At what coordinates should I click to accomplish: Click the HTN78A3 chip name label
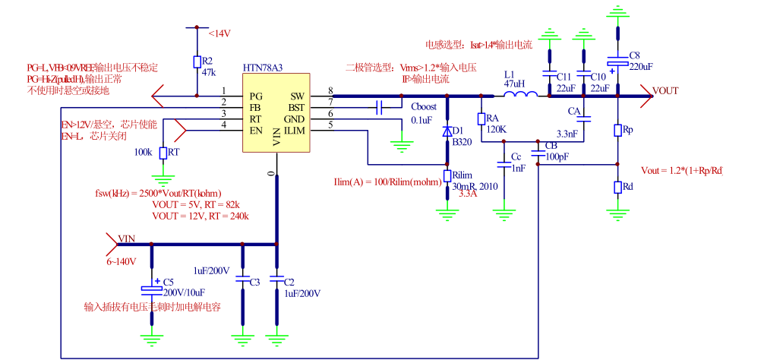[x=263, y=68]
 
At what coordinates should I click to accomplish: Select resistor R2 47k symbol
[x=197, y=62]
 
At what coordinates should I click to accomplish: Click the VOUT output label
[x=665, y=90]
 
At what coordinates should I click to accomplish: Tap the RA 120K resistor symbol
[x=481, y=119]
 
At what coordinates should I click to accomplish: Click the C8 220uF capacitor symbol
[x=617, y=65]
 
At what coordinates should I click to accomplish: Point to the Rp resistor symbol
[x=617, y=131]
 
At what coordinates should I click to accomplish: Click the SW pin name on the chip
[x=297, y=97]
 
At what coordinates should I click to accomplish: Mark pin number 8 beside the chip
[x=330, y=91]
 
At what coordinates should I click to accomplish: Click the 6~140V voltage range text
[x=121, y=261]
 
